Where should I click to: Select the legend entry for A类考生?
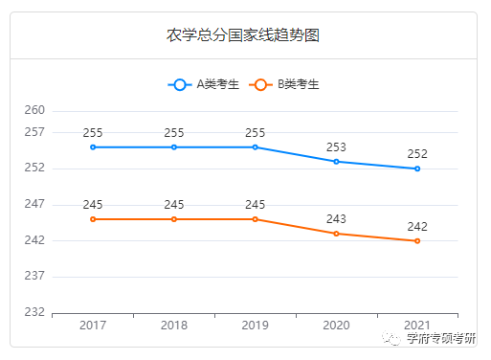204,84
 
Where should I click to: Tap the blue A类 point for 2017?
93,147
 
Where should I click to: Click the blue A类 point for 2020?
336,162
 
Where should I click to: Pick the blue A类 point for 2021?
417,169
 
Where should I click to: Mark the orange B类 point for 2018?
174,219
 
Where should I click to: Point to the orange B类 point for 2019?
256,219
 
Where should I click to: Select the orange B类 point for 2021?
417,241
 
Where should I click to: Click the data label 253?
336,146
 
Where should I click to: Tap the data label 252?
417,153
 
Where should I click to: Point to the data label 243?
336,218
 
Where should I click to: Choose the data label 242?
417,226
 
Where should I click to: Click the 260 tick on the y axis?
34,111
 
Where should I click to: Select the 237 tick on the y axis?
34,277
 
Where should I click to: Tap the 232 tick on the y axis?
34,312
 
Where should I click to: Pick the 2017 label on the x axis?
93,326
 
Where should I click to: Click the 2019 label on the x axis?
256,326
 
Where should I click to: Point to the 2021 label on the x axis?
417,326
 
